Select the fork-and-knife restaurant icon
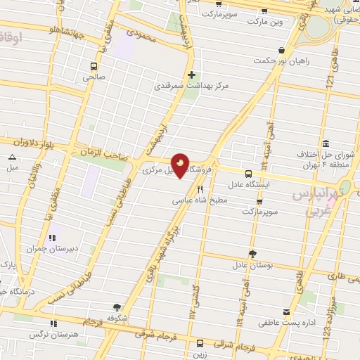pos(200,189)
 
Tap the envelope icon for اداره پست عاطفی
pos(286,312)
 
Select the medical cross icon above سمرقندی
pos(191,74)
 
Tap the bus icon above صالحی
pos(93,67)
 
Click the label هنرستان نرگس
pos(51,334)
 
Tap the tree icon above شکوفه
pos(117,307)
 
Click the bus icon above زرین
pos(200,343)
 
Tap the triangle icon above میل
pos(12,157)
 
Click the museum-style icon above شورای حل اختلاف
pos(325,143)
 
